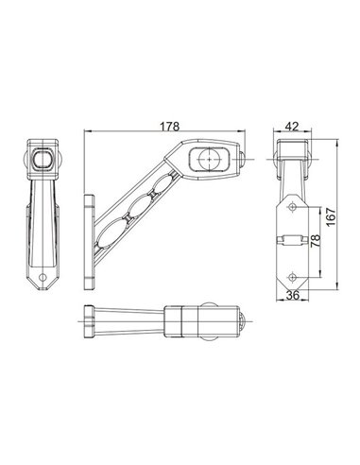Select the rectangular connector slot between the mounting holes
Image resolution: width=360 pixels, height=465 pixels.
coord(289,241)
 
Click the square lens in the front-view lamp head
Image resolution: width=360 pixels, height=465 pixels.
coord(43,162)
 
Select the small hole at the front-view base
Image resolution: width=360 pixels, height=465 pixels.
coord(44,280)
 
